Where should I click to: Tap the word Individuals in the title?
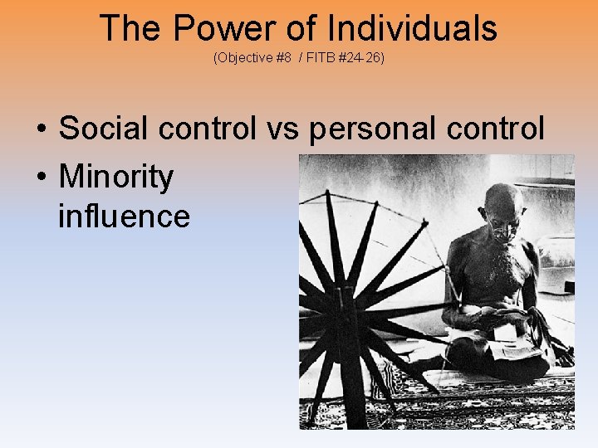(412, 28)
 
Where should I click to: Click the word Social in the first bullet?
(100, 129)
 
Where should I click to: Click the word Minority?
(116, 177)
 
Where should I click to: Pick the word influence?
(124, 216)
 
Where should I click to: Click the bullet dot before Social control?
(41, 130)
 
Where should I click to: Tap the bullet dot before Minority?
(41, 178)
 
